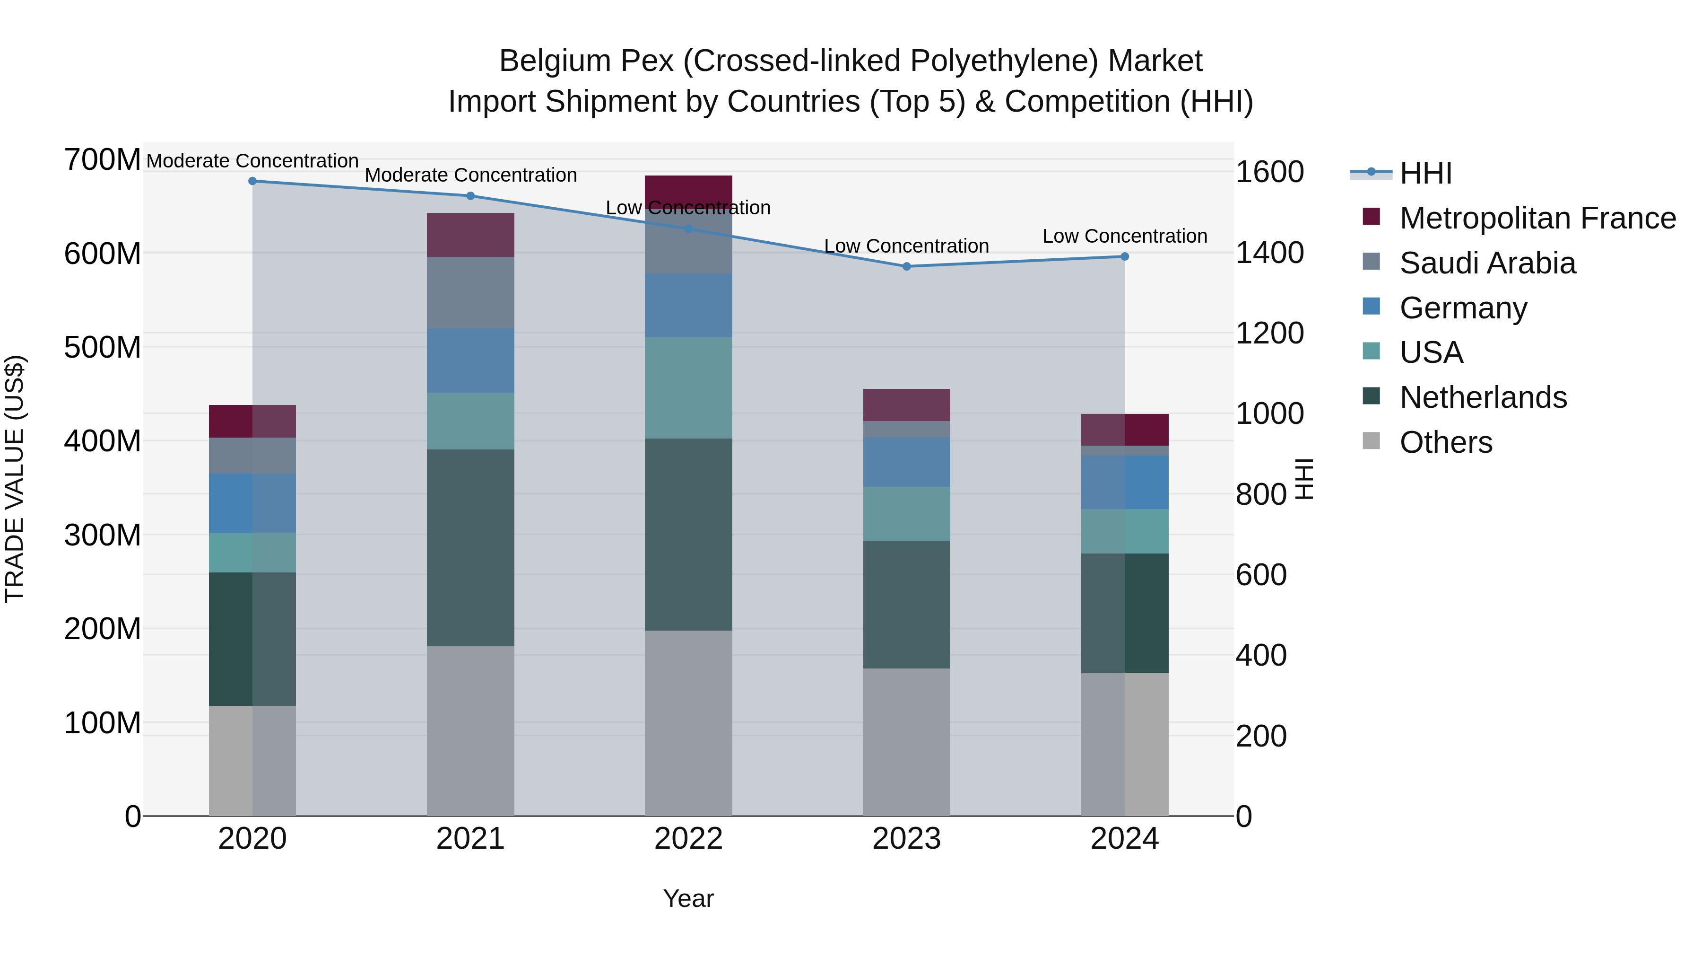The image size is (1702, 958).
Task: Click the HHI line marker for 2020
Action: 252,181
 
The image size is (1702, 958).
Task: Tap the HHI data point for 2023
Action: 906,266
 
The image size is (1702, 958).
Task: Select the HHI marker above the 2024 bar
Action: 1125,256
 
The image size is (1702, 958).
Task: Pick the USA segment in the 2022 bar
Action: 688,387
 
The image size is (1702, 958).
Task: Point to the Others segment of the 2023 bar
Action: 906,742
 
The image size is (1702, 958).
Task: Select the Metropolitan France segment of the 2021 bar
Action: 470,235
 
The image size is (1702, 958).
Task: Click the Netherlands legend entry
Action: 1483,397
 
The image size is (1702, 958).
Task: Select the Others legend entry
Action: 1446,442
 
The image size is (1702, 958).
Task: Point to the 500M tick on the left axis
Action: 103,347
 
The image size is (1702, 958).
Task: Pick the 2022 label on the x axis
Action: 688,839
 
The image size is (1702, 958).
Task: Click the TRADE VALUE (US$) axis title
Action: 15,479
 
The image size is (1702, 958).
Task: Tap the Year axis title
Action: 688,898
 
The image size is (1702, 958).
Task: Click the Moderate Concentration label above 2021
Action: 470,175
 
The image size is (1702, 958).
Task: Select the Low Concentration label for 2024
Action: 1125,236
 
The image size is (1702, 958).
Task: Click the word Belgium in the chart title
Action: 552,61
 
